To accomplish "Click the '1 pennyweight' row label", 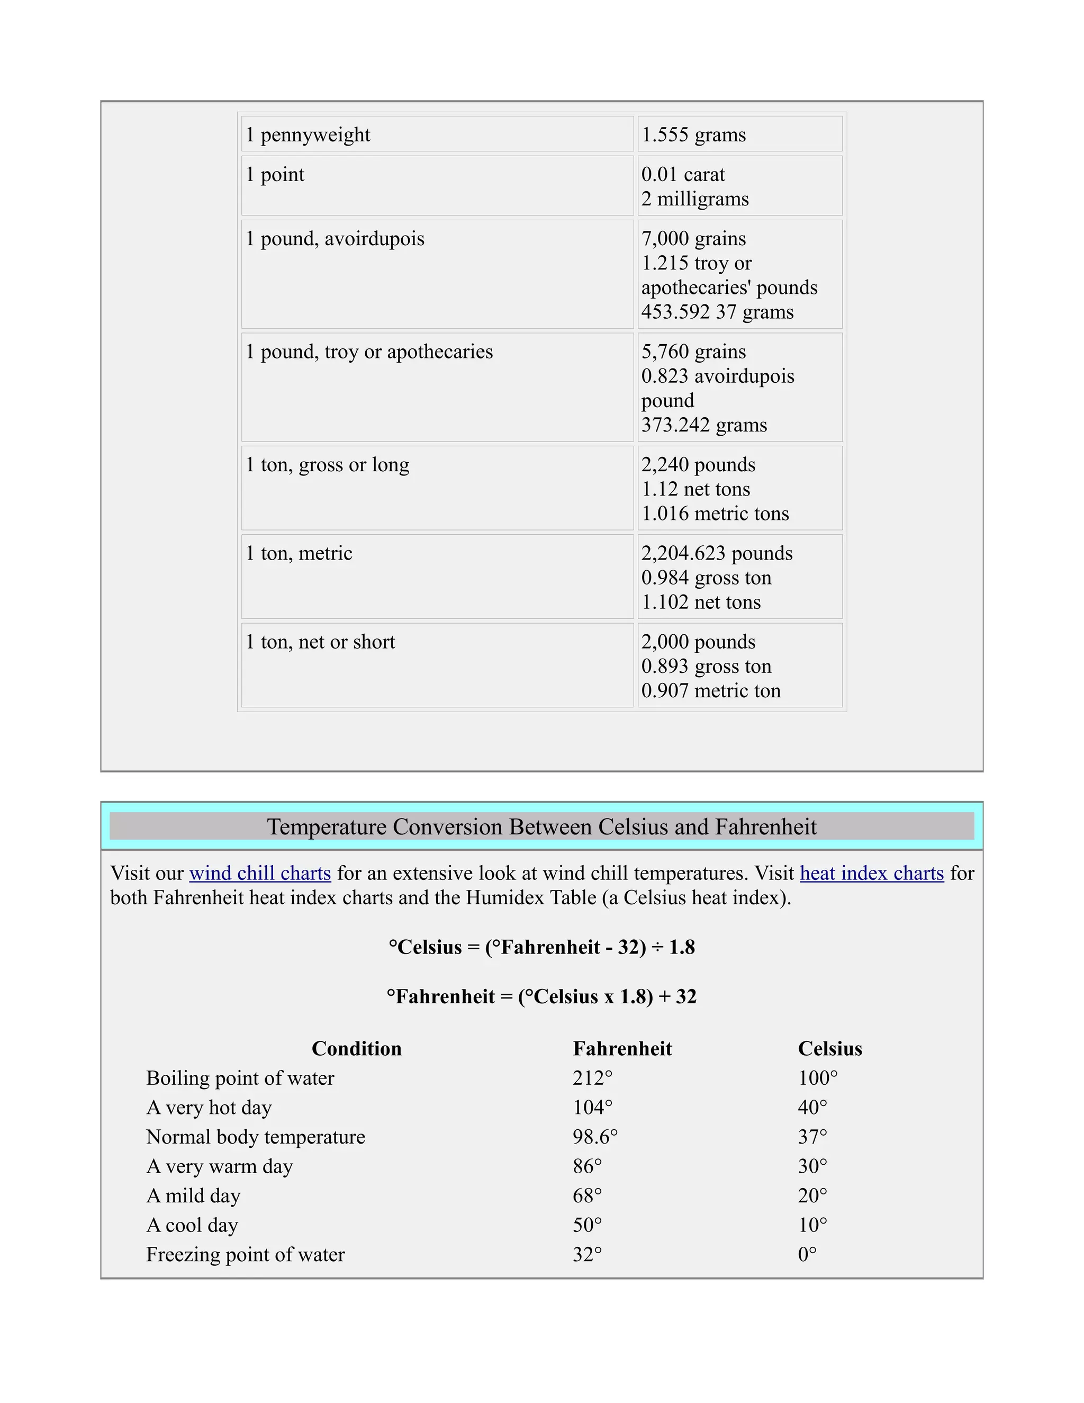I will pos(308,135).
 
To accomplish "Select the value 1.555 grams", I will pos(693,135).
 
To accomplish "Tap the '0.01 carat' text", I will pos(683,175).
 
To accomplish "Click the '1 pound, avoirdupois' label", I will pos(335,239).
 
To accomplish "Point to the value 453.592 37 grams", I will pos(717,312).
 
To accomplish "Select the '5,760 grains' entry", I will pos(693,352).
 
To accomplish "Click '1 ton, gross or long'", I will pos(328,465).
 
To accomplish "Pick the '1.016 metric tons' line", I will pos(715,514).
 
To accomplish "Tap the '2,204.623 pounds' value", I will pos(717,554).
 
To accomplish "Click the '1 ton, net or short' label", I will pos(320,642).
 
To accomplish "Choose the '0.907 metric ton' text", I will pos(711,691).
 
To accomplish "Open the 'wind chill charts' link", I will pos(260,874).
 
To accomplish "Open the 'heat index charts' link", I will pos(871,874).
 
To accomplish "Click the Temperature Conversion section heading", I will pos(542,827).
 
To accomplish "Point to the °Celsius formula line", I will pos(542,948).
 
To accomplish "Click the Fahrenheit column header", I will pos(622,1049).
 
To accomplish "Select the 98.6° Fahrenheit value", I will pos(594,1137).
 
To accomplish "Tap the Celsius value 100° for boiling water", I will pos(817,1078).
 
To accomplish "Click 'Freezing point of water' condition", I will pos(245,1255).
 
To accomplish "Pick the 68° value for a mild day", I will pos(587,1196).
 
